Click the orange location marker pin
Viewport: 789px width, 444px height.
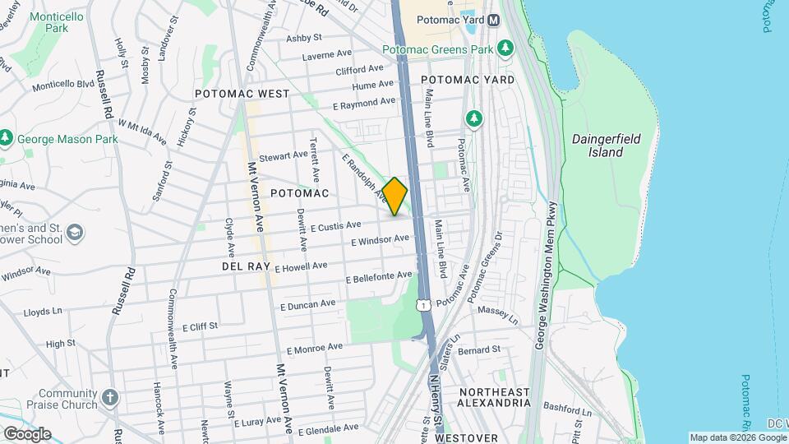point(394,197)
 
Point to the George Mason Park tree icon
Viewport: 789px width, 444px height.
point(7,138)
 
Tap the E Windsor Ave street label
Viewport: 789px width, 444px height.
point(380,240)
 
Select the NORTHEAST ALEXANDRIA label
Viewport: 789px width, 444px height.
point(495,397)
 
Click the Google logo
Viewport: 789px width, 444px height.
point(26,433)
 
